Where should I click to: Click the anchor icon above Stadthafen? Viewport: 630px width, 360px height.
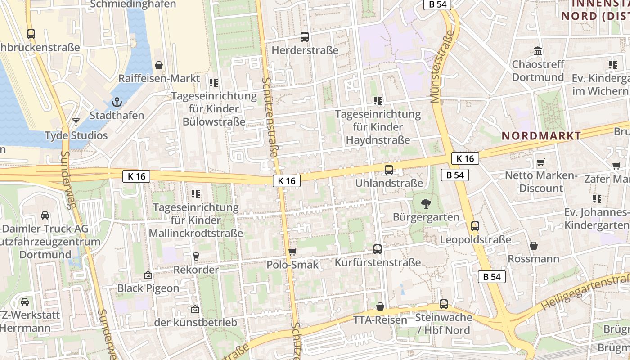click(x=117, y=102)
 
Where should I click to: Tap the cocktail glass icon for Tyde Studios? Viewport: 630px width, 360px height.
click(x=76, y=122)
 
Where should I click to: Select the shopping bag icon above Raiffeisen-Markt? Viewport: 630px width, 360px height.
click(x=158, y=65)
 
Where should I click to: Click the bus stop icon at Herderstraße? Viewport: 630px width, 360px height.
click(x=305, y=37)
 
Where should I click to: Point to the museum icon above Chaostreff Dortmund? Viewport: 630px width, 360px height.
click(x=538, y=51)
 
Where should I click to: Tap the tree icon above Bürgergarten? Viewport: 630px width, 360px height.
click(x=426, y=204)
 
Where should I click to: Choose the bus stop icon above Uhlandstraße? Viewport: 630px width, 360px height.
click(x=389, y=170)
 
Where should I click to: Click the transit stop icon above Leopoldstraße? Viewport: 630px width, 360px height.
click(x=475, y=226)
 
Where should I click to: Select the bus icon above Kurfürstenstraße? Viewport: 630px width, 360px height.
click(x=378, y=249)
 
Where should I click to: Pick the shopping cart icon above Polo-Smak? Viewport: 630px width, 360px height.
click(x=292, y=252)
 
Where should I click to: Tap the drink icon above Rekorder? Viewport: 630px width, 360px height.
click(x=196, y=256)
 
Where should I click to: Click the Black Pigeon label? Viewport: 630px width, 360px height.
click(x=148, y=288)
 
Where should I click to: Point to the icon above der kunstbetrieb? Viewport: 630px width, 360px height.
click(x=195, y=309)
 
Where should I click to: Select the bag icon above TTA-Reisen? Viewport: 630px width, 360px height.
click(x=380, y=306)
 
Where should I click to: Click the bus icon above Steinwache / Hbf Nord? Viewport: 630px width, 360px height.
click(x=444, y=304)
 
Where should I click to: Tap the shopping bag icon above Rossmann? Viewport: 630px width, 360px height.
click(x=534, y=246)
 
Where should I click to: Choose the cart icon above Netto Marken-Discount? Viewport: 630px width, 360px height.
click(x=541, y=162)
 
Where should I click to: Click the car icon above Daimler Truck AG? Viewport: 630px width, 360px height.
click(x=45, y=215)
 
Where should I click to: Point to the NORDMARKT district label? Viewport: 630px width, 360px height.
click(x=541, y=135)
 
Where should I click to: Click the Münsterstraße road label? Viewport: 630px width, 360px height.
click(x=441, y=67)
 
